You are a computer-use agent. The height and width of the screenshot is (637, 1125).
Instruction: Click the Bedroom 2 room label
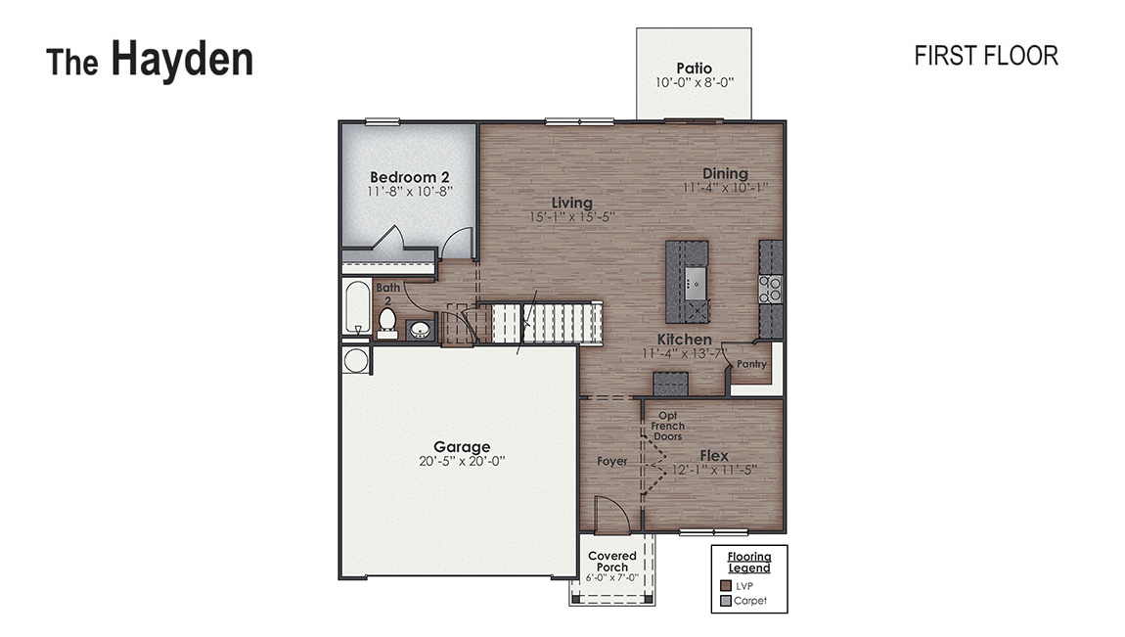[x=409, y=177]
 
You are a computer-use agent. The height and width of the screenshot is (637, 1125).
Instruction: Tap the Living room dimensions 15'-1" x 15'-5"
[x=572, y=217]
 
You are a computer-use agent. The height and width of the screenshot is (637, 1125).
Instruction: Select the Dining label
[x=725, y=173]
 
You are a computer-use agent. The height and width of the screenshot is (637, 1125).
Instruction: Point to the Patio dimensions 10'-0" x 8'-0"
[x=694, y=83]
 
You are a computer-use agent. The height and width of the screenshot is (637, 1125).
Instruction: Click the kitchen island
[x=688, y=281]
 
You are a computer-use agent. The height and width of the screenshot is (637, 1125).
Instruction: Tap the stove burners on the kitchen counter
[x=772, y=288]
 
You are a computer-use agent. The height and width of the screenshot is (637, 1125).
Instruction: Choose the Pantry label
[x=751, y=364]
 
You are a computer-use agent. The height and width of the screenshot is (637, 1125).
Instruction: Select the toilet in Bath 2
[x=387, y=320]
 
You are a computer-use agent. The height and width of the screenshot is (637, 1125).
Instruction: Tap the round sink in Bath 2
[x=421, y=330]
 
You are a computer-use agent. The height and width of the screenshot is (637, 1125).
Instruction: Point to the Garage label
[x=462, y=447]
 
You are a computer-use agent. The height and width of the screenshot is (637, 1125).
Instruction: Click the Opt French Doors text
[x=668, y=426]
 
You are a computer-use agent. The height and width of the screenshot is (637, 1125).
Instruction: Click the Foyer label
[x=611, y=461]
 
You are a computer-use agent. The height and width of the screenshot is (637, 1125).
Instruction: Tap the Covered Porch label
[x=612, y=561]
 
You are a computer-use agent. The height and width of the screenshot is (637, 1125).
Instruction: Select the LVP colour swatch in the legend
[x=725, y=585]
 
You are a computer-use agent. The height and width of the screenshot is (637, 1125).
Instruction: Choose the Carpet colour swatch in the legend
[x=725, y=600]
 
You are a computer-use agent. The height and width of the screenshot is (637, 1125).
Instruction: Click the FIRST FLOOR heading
[x=985, y=56]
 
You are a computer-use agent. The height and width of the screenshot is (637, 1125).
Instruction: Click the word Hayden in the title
[x=181, y=60]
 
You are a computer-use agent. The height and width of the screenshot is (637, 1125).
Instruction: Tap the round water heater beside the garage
[x=355, y=360]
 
